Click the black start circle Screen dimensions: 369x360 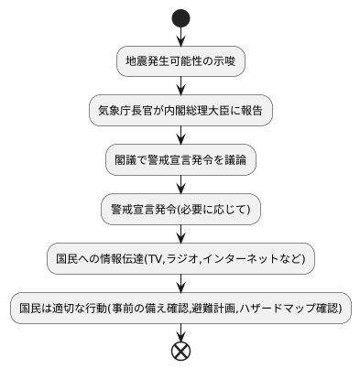[180, 17]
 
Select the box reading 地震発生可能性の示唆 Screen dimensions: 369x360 [180, 61]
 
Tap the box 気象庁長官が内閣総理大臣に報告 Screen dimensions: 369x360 [180, 111]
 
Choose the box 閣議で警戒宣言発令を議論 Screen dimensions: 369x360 [180, 159]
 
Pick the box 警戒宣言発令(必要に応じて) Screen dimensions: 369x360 [180, 209]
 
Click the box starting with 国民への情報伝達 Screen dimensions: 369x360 [180, 258]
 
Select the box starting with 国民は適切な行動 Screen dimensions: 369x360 [180, 308]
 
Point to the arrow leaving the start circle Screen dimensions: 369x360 [180, 37]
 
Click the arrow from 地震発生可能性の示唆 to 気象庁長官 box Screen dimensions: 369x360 [180, 86]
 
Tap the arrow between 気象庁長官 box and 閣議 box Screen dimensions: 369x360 [180, 136]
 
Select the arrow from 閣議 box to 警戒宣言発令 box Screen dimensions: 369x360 [180, 184]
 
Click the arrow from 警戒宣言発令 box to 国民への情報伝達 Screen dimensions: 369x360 [180, 233]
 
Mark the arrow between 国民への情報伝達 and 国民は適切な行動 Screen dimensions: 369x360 [180, 283]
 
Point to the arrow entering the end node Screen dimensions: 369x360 [180, 331]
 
